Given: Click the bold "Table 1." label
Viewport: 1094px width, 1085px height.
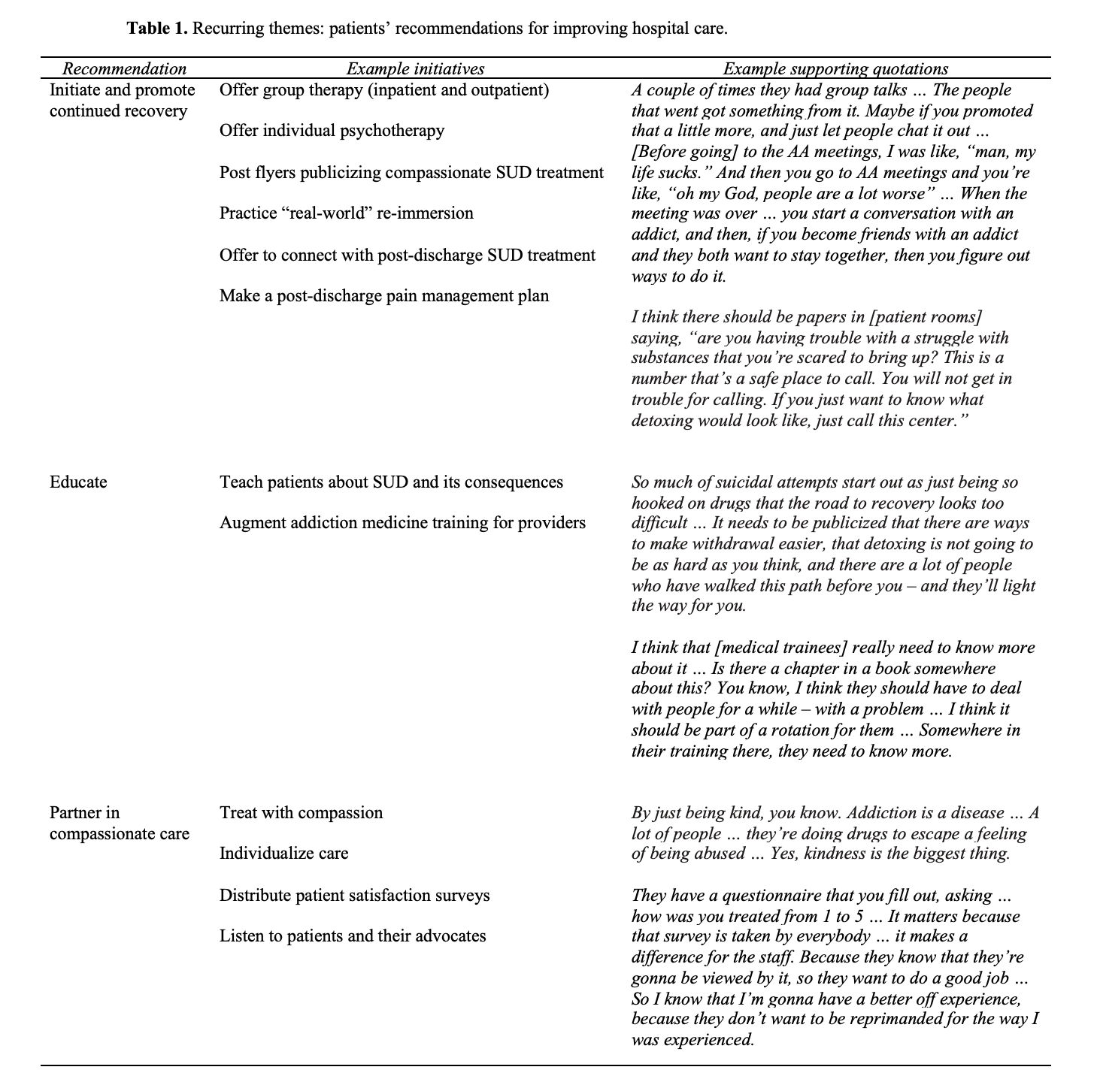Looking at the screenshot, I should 157,29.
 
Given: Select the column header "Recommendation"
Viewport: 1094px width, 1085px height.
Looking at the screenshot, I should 124,69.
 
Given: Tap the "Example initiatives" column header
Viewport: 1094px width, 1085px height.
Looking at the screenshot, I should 415,69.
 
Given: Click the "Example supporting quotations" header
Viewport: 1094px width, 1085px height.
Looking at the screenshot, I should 835,69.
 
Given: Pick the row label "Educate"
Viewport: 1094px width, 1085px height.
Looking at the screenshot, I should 78,482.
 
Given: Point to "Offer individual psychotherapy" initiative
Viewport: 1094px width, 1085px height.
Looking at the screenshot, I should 332,131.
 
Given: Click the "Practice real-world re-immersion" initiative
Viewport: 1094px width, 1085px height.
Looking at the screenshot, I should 346,213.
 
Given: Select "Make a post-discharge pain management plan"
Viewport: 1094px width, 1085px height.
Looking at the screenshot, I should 383,296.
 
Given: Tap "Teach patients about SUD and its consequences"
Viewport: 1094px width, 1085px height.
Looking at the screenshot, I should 391,482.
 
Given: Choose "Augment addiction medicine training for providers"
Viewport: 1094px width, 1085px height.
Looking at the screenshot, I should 402,523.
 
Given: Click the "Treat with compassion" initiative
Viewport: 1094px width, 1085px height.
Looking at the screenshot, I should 301,813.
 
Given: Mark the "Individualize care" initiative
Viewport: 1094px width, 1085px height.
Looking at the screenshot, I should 283,854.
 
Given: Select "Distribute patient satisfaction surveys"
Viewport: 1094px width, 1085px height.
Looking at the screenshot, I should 354,896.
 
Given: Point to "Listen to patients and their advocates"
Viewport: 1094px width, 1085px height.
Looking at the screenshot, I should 353,936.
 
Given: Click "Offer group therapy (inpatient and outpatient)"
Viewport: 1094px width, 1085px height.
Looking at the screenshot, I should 384,90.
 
